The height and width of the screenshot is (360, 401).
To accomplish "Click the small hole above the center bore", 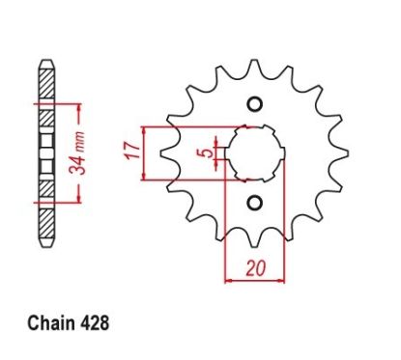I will (254, 105).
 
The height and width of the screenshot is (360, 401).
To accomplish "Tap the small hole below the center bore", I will (254, 202).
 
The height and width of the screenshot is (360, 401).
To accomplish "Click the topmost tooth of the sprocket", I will (254, 66).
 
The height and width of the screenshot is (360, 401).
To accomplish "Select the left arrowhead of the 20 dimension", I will (229, 281).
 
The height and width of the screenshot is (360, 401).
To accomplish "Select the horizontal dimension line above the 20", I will (254, 281).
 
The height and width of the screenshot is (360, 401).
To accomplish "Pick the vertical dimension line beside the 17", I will (145, 152).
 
